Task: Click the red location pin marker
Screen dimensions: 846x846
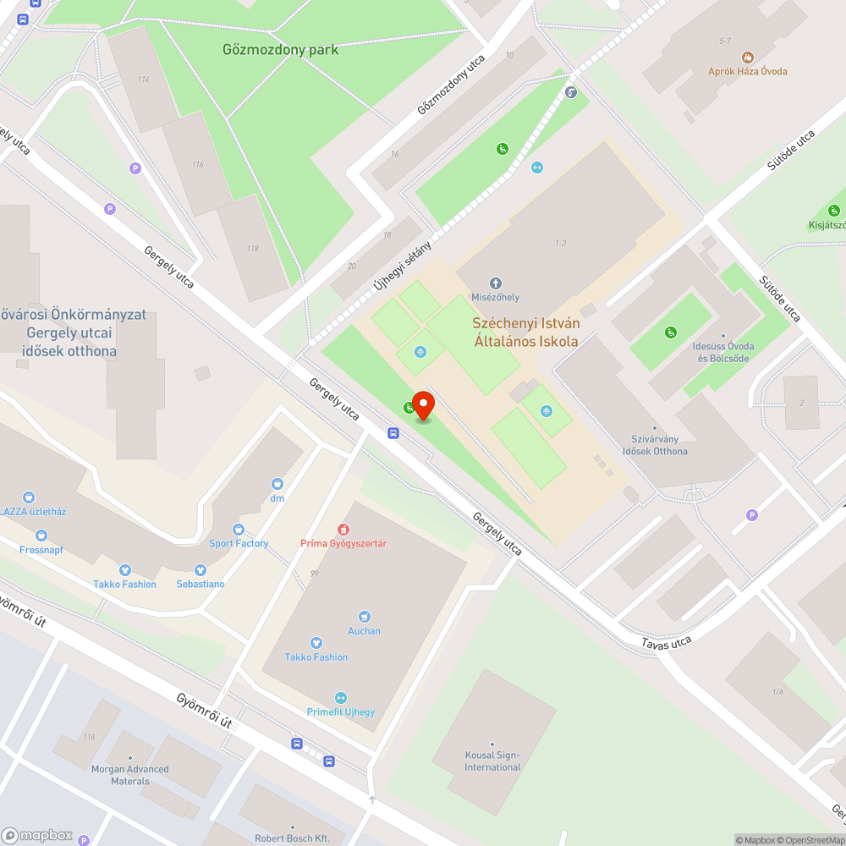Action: (x=423, y=404)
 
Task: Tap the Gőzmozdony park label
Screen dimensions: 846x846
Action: (x=280, y=49)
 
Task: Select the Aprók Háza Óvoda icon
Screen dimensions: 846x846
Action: (x=747, y=57)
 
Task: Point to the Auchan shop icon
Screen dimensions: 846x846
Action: (x=365, y=617)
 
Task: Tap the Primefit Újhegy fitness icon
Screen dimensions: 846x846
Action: (x=341, y=697)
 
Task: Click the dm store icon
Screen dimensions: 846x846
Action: (x=277, y=484)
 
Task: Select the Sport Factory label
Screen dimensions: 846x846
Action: (x=239, y=543)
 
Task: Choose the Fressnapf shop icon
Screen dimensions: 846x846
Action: (x=41, y=535)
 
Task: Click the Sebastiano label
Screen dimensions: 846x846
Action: (x=201, y=584)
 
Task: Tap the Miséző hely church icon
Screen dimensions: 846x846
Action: (x=496, y=283)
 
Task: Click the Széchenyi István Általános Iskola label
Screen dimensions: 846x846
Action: (x=525, y=332)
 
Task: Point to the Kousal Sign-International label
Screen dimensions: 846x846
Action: (x=492, y=761)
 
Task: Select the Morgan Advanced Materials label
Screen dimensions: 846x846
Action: (x=129, y=775)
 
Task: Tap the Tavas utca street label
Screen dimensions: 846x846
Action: (x=666, y=643)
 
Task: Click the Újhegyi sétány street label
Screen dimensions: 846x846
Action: (x=403, y=266)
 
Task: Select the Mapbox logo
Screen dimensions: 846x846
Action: (x=38, y=835)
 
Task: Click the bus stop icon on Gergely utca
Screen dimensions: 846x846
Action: (x=393, y=433)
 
